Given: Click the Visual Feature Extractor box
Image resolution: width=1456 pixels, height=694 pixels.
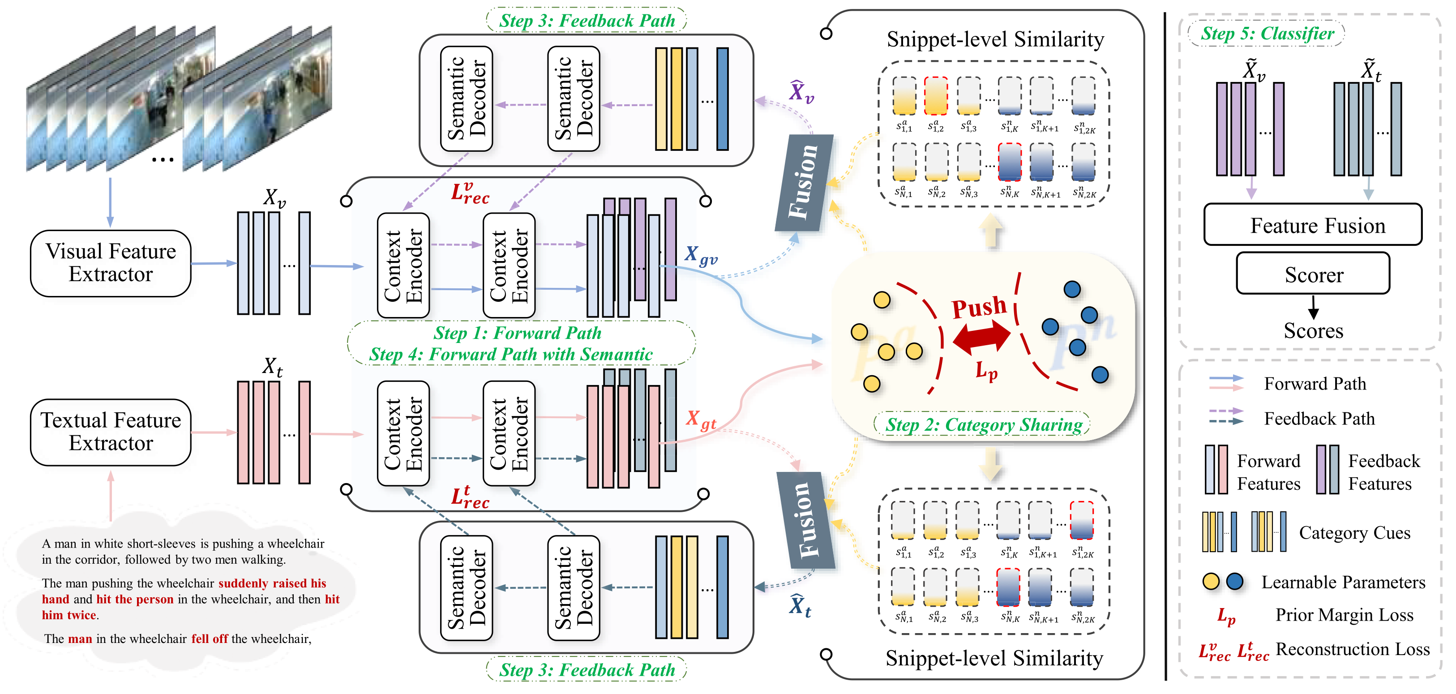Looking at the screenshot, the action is pyautogui.click(x=111, y=263).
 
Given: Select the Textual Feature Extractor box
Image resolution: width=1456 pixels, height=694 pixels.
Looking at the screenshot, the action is pyautogui.click(x=111, y=433).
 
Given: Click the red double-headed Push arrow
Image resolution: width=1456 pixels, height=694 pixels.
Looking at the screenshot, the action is pyautogui.click(x=982, y=337).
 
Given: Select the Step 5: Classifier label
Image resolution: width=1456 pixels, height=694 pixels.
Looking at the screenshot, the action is pyautogui.click(x=1267, y=33).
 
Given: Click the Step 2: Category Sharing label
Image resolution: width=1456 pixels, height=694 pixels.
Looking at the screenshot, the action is pyautogui.click(x=984, y=424).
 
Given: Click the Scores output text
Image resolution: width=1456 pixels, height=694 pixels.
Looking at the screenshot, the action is pyautogui.click(x=1313, y=330).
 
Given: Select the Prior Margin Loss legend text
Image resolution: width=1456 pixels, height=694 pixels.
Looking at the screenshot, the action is pyautogui.click(x=1344, y=615).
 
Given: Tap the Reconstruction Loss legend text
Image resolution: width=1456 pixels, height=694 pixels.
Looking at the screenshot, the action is pyautogui.click(x=1353, y=649).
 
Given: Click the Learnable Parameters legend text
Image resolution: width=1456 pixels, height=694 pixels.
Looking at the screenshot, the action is pyautogui.click(x=1343, y=582).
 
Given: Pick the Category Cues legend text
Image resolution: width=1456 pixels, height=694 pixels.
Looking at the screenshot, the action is pyautogui.click(x=1354, y=532).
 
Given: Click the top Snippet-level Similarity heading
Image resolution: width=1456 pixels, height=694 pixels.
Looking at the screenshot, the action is pyautogui.click(x=995, y=39).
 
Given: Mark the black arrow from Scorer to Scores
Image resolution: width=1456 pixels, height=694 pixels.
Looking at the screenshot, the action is pyautogui.click(x=1313, y=307).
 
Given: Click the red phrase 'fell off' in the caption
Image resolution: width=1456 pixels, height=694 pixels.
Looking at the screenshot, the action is pyautogui.click(x=209, y=638).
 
